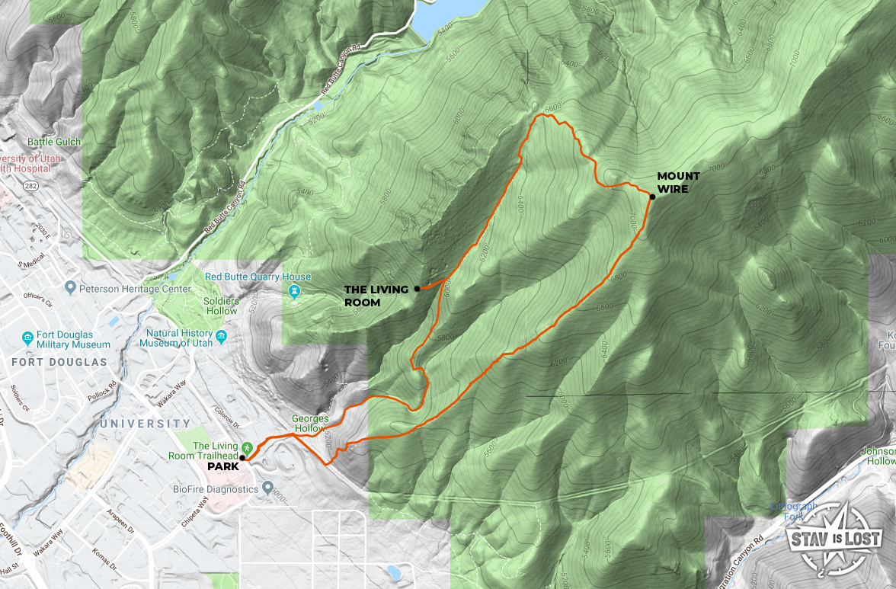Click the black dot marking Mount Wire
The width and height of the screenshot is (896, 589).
(652, 197)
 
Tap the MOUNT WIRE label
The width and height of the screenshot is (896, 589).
(678, 182)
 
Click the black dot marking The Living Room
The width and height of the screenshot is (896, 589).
(417, 289)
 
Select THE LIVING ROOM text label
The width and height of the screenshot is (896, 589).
(372, 296)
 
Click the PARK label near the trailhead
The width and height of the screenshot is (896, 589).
(222, 466)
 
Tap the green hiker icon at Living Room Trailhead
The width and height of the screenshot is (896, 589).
(247, 447)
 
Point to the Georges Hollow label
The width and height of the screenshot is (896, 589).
(311, 424)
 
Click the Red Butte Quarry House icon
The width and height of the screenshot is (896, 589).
(295, 292)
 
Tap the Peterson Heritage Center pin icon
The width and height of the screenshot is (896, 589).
(71, 288)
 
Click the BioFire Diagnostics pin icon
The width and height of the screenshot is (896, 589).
(267, 487)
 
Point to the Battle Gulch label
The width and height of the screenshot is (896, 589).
(54, 142)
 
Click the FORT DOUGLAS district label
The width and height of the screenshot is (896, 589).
(59, 362)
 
